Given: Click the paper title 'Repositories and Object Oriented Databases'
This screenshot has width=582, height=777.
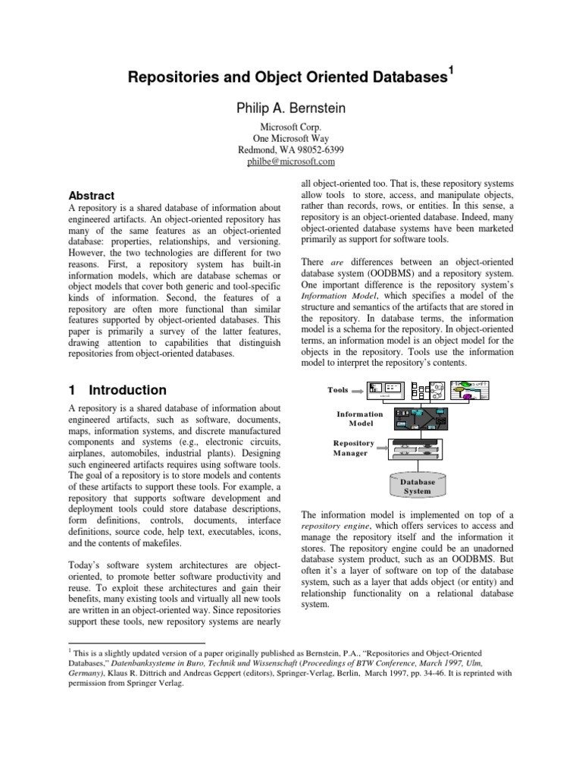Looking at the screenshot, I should [286, 77].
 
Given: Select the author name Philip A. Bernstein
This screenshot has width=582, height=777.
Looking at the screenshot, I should [291, 109].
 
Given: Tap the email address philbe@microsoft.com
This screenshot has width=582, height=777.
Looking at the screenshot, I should [291, 162].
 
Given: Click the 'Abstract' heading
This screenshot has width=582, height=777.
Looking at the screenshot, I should [92, 195].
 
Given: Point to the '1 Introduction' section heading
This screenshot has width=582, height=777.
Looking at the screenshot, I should [117, 390].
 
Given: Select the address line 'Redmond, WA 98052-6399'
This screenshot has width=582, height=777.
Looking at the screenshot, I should [291, 149].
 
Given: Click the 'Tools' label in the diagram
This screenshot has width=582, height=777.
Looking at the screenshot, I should [338, 390].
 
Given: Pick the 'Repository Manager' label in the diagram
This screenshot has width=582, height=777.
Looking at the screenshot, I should [353, 448].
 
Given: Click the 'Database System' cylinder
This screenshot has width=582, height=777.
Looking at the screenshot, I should [417, 486].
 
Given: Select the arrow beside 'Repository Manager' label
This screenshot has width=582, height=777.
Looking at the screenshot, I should [379, 448].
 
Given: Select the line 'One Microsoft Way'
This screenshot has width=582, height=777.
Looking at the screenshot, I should [291, 138].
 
